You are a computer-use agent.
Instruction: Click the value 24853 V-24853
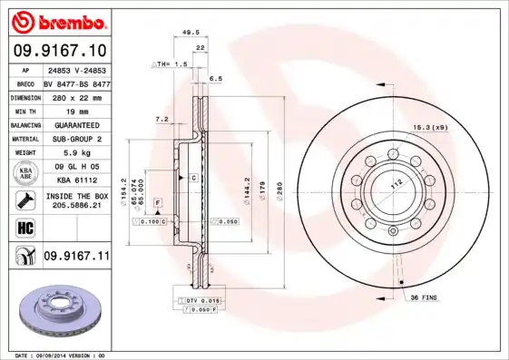pos(76,69)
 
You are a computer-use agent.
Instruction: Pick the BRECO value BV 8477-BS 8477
pos(76,83)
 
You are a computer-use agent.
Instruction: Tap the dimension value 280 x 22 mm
pos(76,96)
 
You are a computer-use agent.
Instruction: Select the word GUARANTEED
pos(76,124)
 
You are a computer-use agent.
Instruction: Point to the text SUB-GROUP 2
pos(76,139)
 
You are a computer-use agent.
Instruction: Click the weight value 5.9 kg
pos(76,153)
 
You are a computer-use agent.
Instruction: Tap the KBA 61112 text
pos(76,180)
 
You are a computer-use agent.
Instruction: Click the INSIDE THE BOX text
pos(76,197)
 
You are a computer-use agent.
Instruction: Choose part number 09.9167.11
pos(76,257)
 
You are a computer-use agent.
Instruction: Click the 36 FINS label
pos(424,297)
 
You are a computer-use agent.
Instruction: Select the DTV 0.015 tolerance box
pos(202,300)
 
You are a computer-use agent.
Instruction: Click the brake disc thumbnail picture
pos(59,312)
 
